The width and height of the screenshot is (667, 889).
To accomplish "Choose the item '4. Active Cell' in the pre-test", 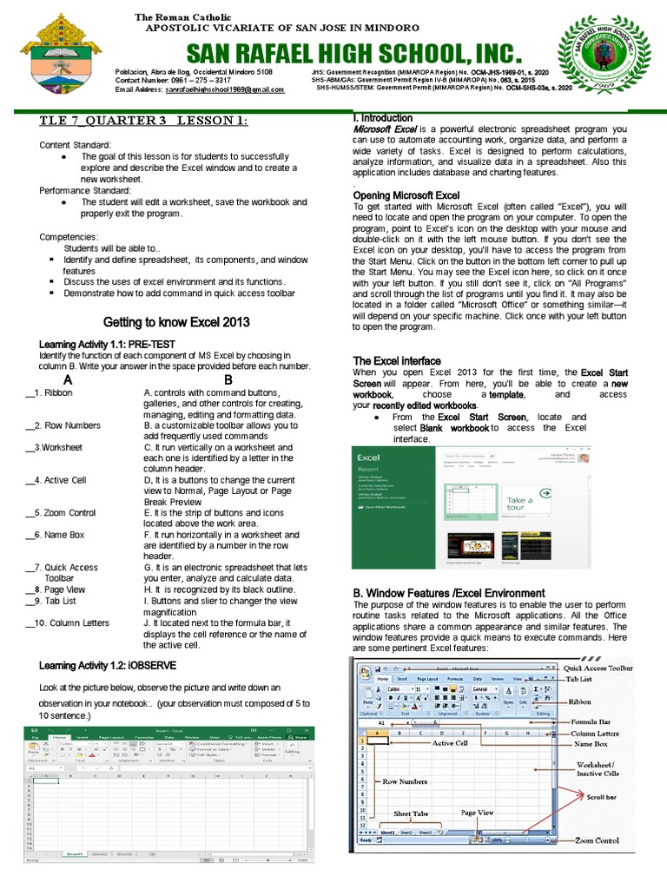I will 58,479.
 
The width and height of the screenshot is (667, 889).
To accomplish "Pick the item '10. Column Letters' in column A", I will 70,622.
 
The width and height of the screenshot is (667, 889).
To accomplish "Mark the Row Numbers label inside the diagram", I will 405,781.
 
